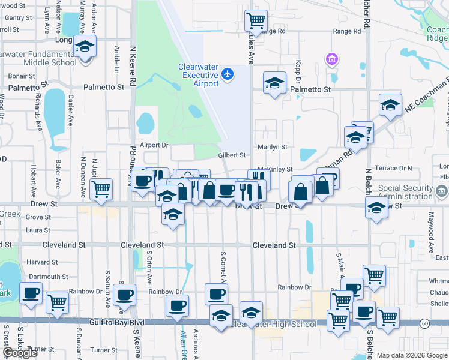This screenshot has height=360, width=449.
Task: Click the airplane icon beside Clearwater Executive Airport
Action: click(x=227, y=74)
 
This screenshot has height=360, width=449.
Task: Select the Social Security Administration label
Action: click(x=405, y=192)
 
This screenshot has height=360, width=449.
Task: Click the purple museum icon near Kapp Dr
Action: click(x=331, y=59)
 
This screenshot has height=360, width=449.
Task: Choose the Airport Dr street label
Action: click(x=154, y=145)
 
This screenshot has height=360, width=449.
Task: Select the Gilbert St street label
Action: click(x=232, y=155)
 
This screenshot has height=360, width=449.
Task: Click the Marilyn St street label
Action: click(x=272, y=146)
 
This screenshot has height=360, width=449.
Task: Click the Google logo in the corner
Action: click(x=20, y=353)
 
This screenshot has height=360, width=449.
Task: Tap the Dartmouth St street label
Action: click(x=47, y=277)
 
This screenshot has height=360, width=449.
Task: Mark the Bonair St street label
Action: click(x=22, y=76)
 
